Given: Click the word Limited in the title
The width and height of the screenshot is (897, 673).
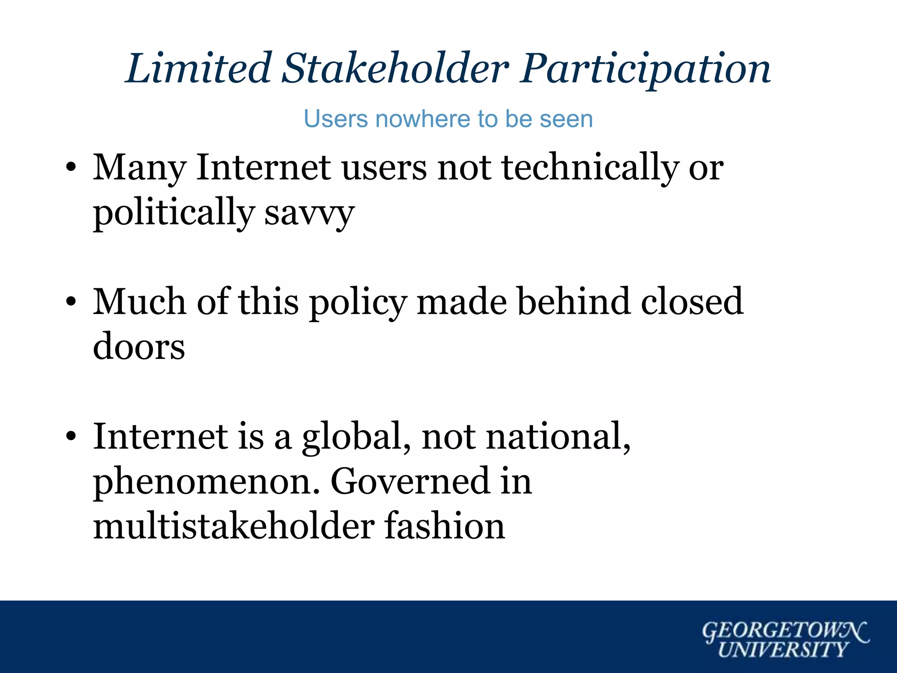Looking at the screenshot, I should [198, 68].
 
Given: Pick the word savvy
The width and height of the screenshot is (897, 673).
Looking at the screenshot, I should [309, 214].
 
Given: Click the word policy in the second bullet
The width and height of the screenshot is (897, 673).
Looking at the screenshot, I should [358, 303].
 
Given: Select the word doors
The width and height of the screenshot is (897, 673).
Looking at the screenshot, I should [139, 347].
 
